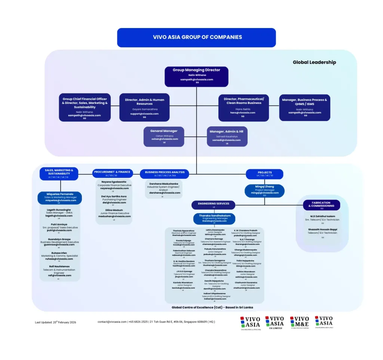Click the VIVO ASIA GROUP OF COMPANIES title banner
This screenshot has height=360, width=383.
click(196, 37)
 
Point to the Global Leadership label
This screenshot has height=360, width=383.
click(314, 62)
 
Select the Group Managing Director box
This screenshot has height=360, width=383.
click(196, 76)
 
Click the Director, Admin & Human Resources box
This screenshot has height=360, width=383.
click(144, 108)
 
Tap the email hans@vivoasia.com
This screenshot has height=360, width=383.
click(243, 113)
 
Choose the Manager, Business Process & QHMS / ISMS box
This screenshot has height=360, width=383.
click(304, 108)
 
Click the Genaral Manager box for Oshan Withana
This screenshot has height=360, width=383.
click(164, 136)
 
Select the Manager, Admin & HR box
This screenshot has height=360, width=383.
click(227, 136)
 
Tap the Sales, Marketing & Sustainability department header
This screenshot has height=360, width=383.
click(59, 173)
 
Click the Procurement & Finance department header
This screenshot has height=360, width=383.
click(112, 173)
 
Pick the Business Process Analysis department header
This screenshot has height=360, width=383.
click(165, 173)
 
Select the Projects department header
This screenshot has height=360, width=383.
click(264, 174)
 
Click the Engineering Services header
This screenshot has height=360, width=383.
click(214, 205)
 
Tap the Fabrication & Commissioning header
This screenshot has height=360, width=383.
click(321, 205)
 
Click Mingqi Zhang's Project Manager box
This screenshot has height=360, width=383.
click(264, 191)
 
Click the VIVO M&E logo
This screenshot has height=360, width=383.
click(300, 323)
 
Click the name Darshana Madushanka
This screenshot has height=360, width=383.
click(163, 184)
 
